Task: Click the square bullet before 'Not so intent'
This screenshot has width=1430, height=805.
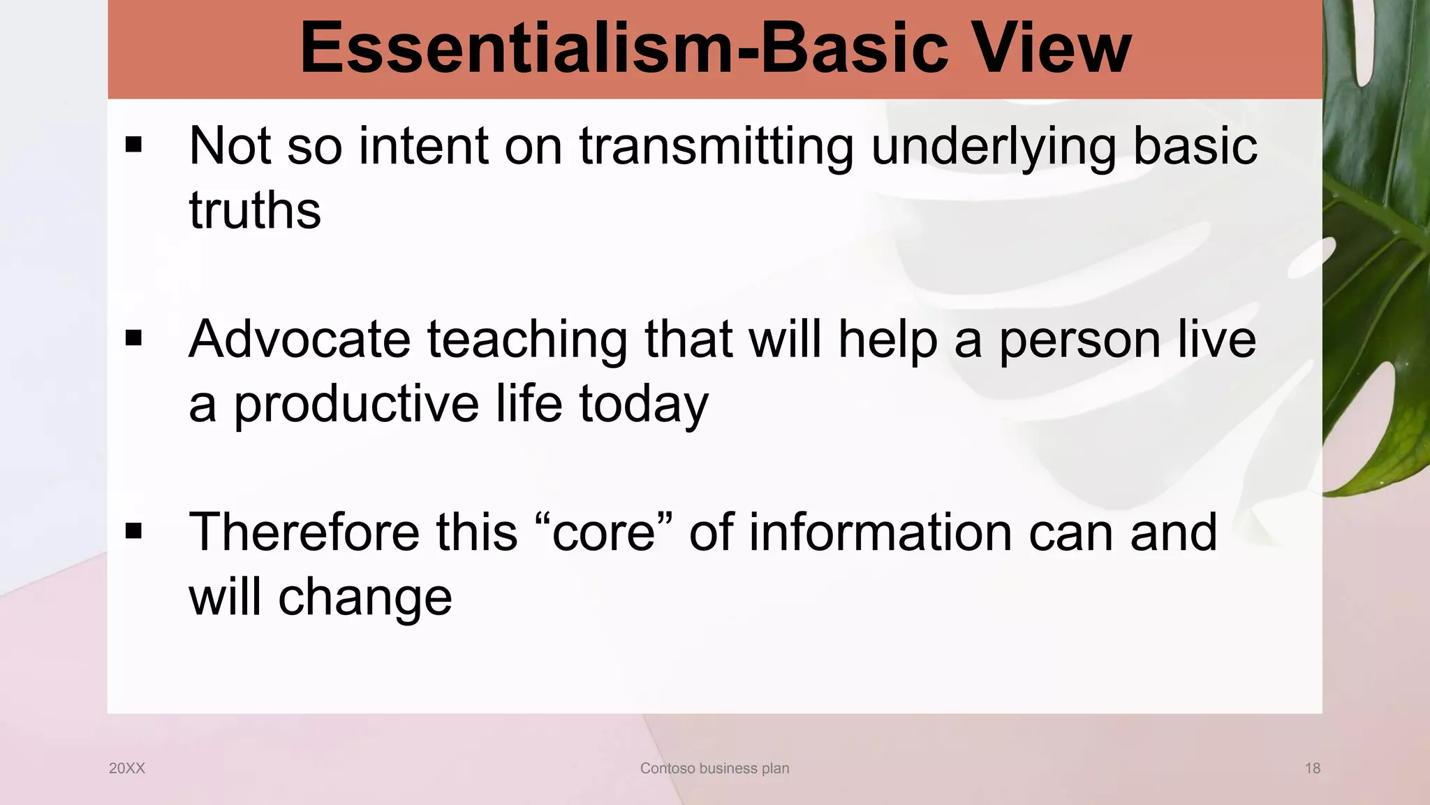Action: point(133,145)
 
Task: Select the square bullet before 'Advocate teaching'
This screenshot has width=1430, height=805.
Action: point(133,338)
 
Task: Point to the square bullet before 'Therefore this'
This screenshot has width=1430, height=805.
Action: point(133,531)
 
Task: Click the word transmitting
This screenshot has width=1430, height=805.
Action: point(716,147)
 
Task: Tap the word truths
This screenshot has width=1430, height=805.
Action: point(255,210)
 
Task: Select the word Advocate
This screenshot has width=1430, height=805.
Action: point(300,340)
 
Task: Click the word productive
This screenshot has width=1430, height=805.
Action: point(356,405)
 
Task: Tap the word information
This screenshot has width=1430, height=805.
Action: point(880,532)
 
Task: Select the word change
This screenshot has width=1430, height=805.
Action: point(365,599)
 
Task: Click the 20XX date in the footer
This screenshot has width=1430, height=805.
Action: point(127,768)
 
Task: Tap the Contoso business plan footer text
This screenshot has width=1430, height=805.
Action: point(714,768)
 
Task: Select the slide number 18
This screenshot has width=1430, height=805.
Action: point(1312,768)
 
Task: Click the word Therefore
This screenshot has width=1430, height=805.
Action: point(304,532)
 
